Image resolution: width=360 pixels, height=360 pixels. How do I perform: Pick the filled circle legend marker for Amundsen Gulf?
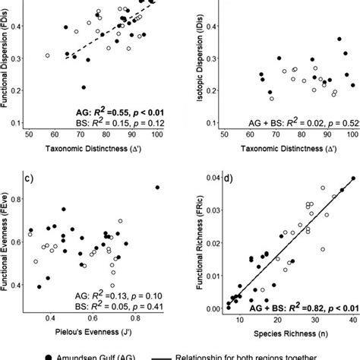point(28,355)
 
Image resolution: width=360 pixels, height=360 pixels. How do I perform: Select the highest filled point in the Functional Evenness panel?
point(157,187)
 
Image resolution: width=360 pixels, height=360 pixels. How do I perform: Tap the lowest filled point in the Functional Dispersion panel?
point(84,87)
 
